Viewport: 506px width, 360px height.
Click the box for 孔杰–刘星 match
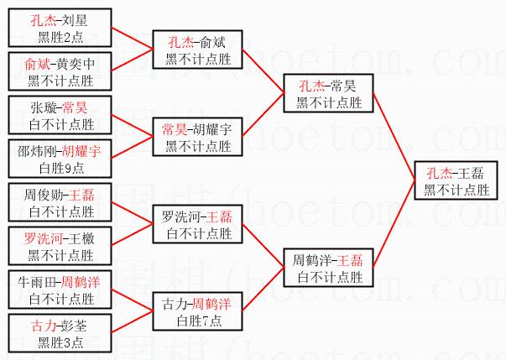[61, 26]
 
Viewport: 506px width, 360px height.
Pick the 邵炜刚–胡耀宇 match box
[61, 158]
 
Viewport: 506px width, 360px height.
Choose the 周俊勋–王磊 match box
[61, 201]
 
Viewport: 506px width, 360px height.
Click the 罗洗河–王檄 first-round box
[61, 245]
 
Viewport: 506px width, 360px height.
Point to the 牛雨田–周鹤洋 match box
[61, 289]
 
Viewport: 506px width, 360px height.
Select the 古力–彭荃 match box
[61, 332]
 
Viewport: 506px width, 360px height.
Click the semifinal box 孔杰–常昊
[329, 92]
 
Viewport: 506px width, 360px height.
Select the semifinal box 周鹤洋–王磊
[329, 267]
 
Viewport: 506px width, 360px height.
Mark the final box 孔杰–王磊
[456, 180]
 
